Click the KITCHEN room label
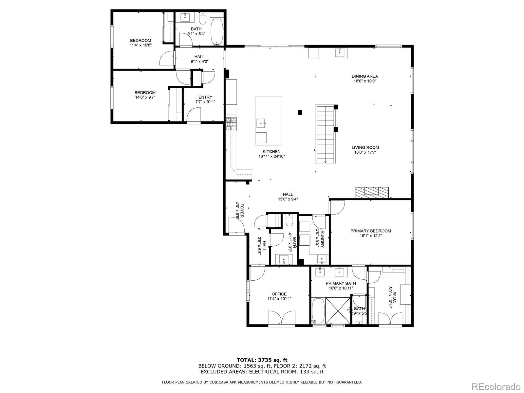(271, 152)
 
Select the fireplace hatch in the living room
(371, 192)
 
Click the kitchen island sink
(261, 123)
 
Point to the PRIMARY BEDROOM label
(370, 231)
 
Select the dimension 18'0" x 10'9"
(365, 81)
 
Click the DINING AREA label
(365, 76)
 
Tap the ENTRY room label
(205, 97)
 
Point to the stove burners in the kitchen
(231, 124)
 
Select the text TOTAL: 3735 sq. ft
(262, 360)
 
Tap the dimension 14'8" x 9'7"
(145, 97)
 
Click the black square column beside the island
(300, 112)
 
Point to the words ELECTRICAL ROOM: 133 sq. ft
(286, 372)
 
